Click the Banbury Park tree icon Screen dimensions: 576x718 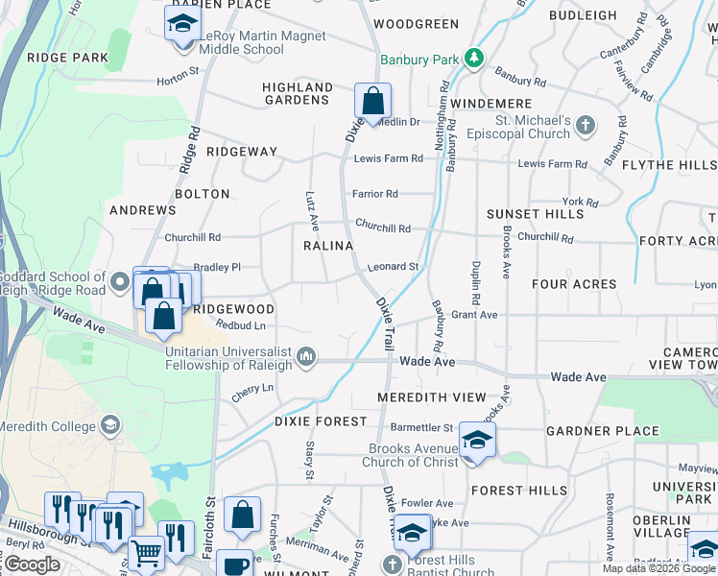pyautogui.click(x=473, y=60)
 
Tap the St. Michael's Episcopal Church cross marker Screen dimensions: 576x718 pyautogui.click(x=586, y=125)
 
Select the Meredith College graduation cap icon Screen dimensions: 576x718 pyautogui.click(x=111, y=425)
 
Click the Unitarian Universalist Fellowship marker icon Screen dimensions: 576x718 pyautogui.click(x=306, y=357)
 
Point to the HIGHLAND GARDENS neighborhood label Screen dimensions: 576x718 pyautogui.click(x=298, y=93)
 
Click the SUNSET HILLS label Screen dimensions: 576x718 pyautogui.click(x=535, y=214)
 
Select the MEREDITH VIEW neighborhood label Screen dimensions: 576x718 pyautogui.click(x=432, y=397)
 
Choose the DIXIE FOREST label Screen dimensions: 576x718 pyautogui.click(x=321, y=421)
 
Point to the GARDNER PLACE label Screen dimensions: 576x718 pyautogui.click(x=603, y=432)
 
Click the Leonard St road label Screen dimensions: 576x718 pyautogui.click(x=394, y=267)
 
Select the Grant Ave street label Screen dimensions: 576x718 pyautogui.click(x=474, y=315)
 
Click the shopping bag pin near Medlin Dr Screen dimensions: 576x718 pyautogui.click(x=372, y=101)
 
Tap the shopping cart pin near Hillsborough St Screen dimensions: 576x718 pyautogui.click(x=145, y=554)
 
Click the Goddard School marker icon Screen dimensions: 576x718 pyautogui.click(x=120, y=282)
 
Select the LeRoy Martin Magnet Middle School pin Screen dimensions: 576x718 pyautogui.click(x=181, y=23)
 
